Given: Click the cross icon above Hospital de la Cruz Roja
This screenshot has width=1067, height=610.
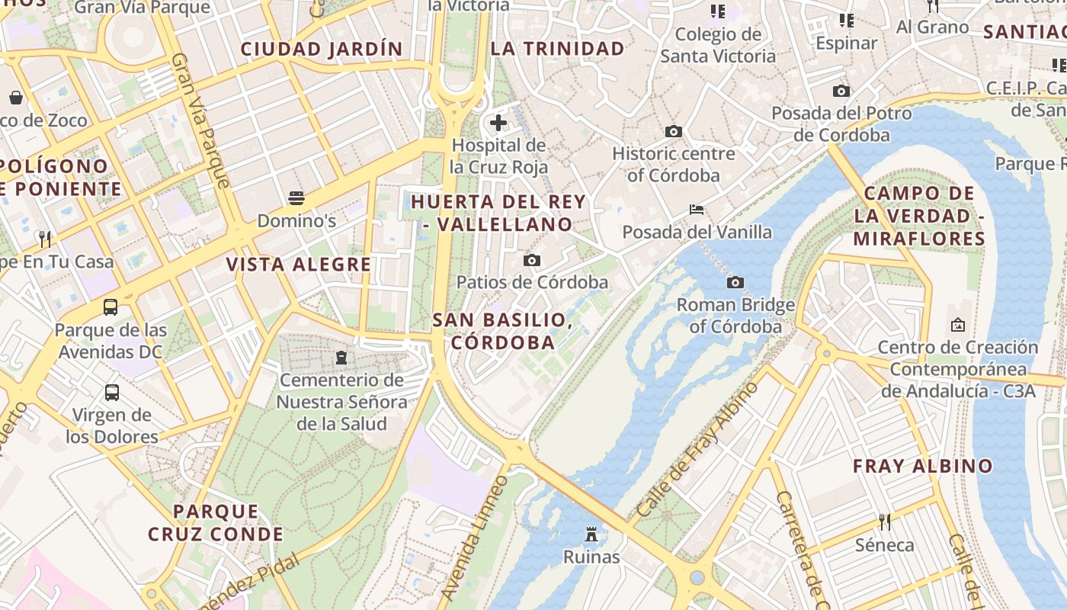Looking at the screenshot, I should (x=498, y=122).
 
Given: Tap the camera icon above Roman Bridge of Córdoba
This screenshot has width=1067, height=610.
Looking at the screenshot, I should (x=735, y=283).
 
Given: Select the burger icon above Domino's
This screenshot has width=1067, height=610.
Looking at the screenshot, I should (x=296, y=199).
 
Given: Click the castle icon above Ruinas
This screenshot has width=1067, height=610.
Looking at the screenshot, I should (x=591, y=535).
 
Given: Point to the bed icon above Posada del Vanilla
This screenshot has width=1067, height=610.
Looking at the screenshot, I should (x=697, y=210).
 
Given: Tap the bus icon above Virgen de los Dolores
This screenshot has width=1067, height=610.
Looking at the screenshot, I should (x=112, y=393).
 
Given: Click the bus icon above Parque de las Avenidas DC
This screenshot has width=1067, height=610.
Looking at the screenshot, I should (x=111, y=307).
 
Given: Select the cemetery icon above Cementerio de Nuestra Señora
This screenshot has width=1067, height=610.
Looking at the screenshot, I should (x=341, y=357).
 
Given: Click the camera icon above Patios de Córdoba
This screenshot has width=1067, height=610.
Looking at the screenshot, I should (x=532, y=261).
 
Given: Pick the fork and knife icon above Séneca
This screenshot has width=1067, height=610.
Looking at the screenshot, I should (x=884, y=522).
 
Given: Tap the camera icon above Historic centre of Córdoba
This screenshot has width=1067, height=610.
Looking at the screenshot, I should (x=673, y=131).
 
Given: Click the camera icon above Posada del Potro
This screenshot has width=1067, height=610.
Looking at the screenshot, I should (x=841, y=91).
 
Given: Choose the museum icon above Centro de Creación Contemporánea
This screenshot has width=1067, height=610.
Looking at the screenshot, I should (x=958, y=326).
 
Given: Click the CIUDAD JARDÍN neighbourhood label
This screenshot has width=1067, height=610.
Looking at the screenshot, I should (x=322, y=49).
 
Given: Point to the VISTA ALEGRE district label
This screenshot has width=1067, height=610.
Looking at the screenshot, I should (x=299, y=265).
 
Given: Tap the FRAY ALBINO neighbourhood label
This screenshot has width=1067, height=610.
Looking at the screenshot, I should (x=922, y=466).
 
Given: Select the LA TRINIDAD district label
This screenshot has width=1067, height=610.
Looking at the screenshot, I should (x=557, y=49).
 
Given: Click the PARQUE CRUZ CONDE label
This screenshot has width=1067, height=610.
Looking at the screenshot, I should (x=216, y=522).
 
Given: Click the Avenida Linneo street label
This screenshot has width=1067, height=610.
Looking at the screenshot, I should (x=474, y=538).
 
